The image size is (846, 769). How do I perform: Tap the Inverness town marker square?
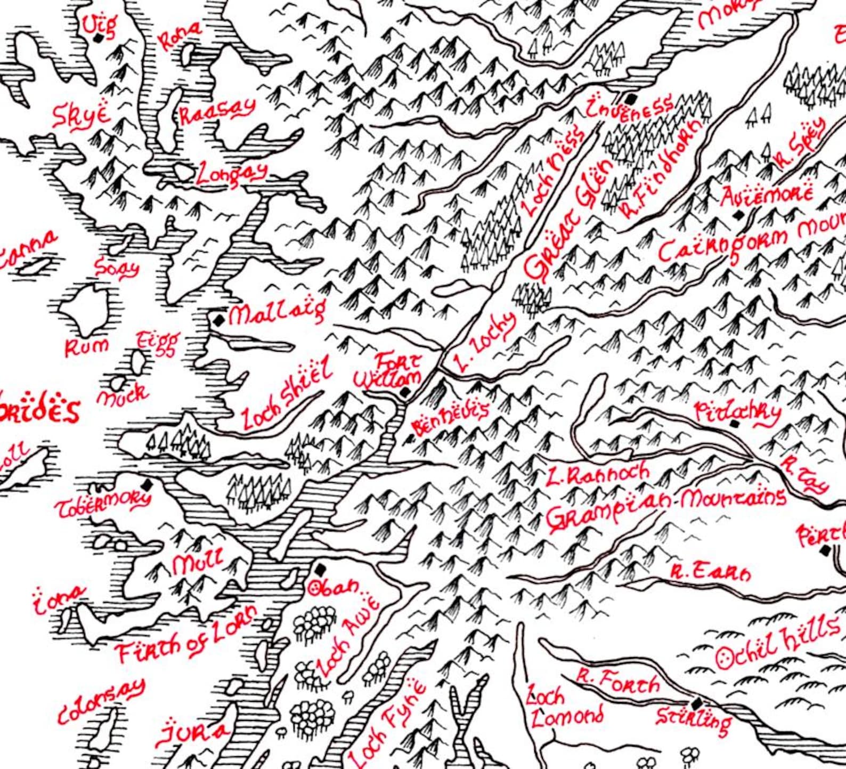coord(631,99)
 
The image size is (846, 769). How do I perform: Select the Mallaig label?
coord(277,313)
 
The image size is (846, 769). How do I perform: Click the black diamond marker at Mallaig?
coord(218,320)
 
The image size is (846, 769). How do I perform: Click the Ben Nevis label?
coord(451,418)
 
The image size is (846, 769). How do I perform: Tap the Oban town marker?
coord(320,570)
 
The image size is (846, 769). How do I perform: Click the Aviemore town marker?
coord(738,215)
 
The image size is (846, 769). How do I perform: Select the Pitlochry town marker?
coord(735,424)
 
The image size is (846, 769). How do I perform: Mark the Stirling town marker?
coord(696,703)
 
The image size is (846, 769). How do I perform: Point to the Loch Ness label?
coord(554,173)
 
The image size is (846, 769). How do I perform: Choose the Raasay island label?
coord(216,112)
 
